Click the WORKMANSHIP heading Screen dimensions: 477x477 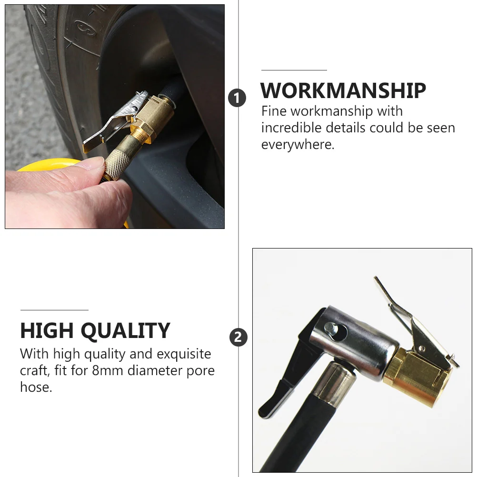[343, 90]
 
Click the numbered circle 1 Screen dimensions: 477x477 [237, 98]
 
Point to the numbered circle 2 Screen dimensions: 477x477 [238, 338]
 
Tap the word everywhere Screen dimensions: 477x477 [298, 144]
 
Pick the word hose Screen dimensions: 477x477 [35, 387]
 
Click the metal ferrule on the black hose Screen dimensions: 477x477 [333, 381]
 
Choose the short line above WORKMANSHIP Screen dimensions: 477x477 [294, 70]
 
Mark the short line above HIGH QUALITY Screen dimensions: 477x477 [54, 310]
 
